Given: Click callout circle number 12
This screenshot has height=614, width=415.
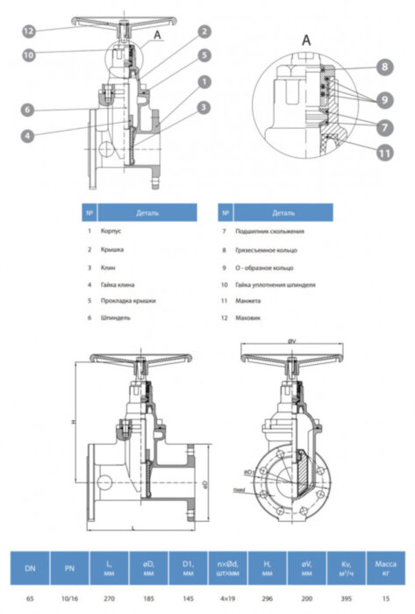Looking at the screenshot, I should [29, 31].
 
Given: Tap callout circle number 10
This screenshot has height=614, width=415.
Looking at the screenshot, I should [29, 54].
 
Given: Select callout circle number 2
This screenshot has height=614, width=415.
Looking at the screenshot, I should [203, 31].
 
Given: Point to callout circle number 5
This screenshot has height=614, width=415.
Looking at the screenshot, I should [203, 54].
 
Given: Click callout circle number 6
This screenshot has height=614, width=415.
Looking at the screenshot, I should [29, 110].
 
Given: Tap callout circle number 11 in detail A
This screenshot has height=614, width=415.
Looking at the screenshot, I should [383, 152].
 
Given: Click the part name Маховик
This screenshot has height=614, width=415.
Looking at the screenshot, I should [250, 318].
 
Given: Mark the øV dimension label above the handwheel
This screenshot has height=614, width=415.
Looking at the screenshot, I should [290, 341].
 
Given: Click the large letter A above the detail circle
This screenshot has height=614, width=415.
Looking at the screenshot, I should [306, 40].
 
